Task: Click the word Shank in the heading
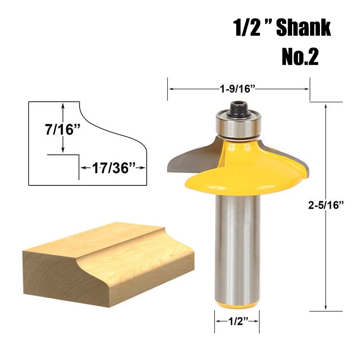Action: pos(303,28)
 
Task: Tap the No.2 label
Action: pos(300,57)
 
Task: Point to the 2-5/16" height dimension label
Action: pos(326,205)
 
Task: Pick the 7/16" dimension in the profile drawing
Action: pos(63,129)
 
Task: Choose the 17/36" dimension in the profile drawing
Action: pos(113,168)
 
